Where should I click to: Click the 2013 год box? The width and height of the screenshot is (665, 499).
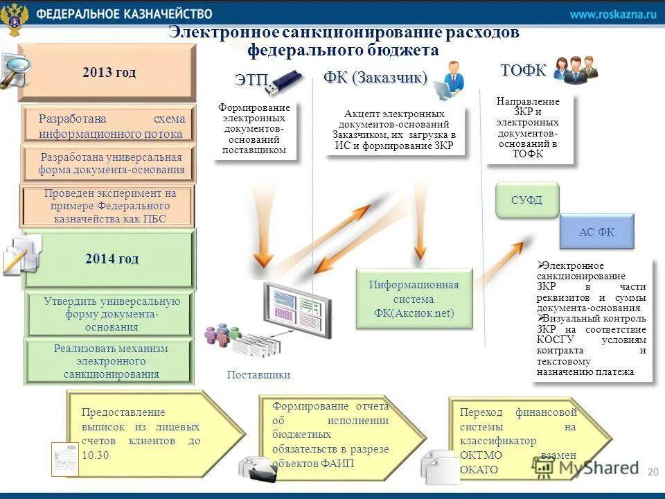pos(107,73)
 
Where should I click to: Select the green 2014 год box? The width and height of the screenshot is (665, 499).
pos(111,259)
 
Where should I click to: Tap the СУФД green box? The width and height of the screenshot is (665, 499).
pos(526,200)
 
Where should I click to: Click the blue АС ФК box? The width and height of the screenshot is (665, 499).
pos(596,232)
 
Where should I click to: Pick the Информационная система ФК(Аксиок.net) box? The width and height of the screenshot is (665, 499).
pos(414,299)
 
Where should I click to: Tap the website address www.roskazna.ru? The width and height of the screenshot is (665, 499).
pos(612,15)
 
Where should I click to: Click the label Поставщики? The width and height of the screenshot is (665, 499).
pos(258,375)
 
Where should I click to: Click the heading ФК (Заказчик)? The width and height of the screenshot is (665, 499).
pos(375,77)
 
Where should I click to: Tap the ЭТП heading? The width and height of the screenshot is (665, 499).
pos(250,80)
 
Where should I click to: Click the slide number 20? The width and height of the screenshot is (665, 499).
pos(652,472)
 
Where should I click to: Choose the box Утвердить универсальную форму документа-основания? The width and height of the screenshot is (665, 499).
pos(111,314)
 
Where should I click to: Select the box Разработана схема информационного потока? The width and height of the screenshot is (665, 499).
pos(111,126)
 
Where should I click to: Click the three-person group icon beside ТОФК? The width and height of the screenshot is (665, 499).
pos(575,69)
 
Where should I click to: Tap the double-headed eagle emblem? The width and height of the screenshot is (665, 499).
pos(15,19)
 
